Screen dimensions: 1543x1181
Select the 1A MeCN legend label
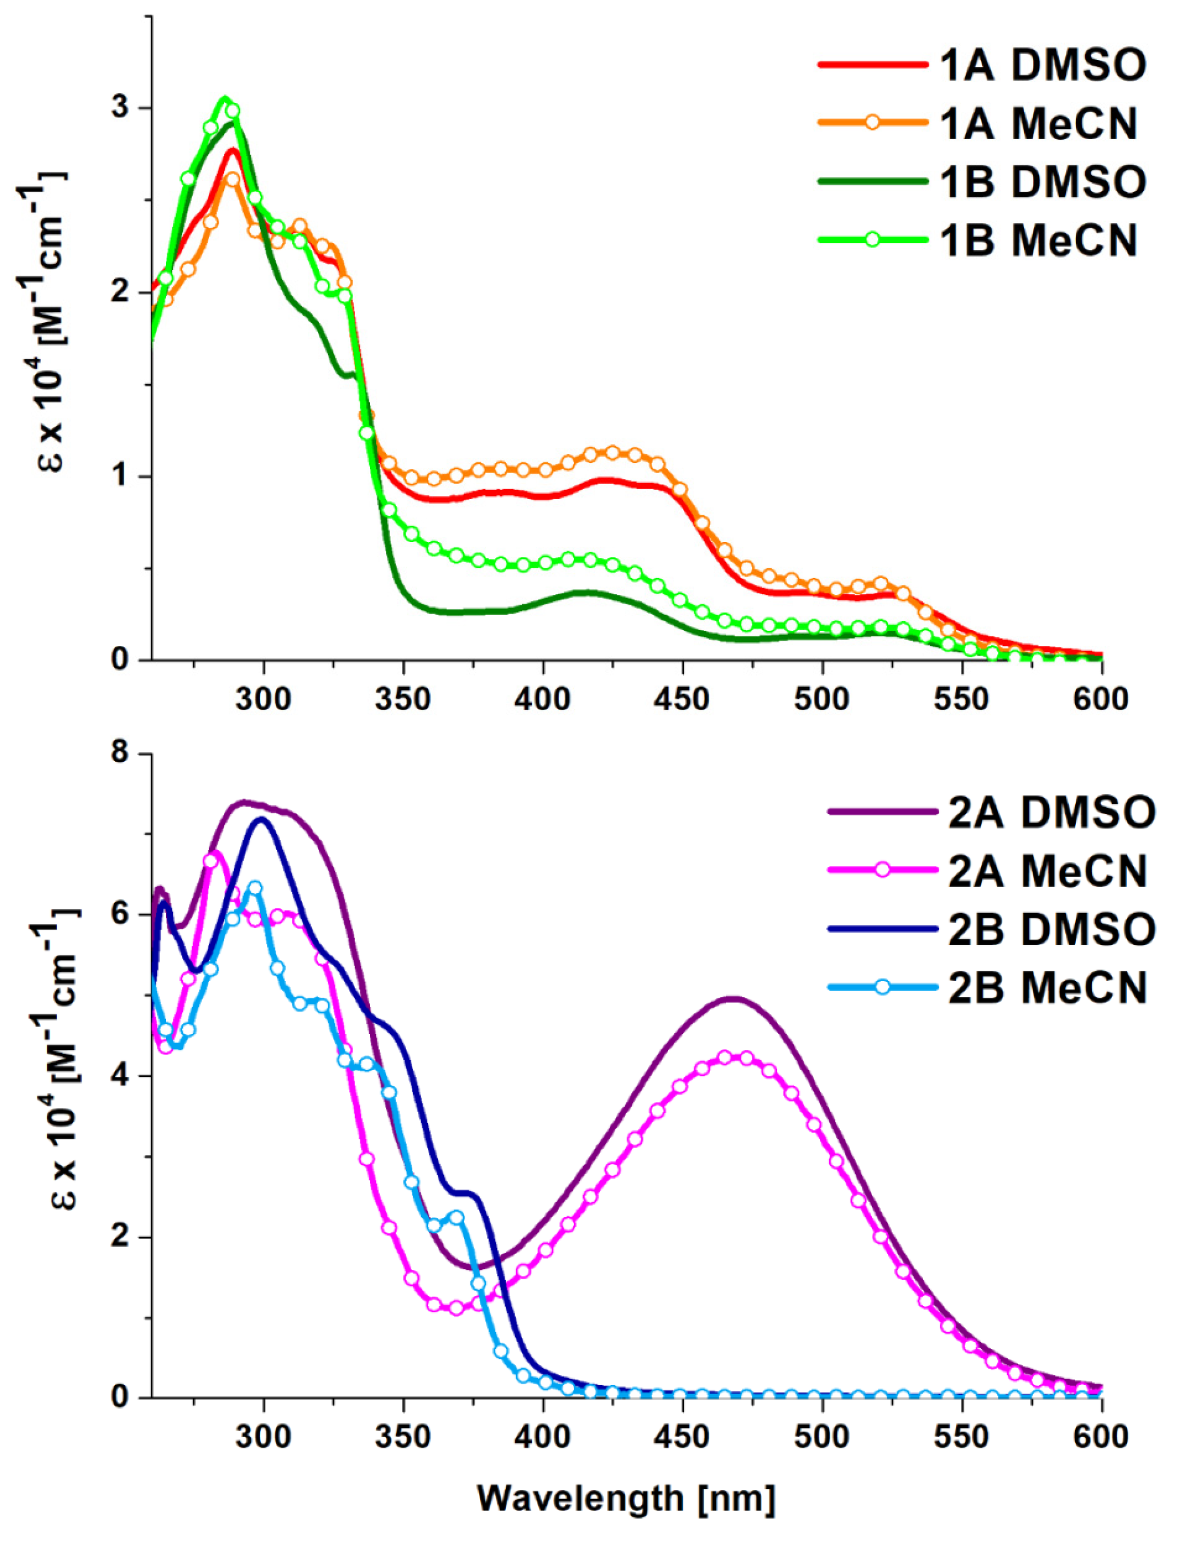(x=1039, y=123)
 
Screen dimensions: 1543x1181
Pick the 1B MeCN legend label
(x=1039, y=240)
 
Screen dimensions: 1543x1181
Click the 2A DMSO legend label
(x=1052, y=811)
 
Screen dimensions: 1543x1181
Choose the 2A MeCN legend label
(x=1048, y=870)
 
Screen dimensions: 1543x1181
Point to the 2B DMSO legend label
(x=1052, y=929)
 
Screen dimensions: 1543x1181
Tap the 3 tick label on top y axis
(x=127, y=108)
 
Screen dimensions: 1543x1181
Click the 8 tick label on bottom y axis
(x=127, y=754)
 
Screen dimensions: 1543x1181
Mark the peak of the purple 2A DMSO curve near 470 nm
(x=734, y=998)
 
